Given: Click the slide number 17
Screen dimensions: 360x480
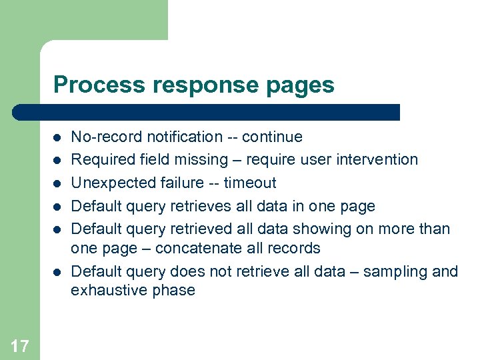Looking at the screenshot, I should coord(20,345).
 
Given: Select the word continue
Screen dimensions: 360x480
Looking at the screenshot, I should coord(272,137).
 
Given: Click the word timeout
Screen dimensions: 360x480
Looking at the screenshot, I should coord(250,183).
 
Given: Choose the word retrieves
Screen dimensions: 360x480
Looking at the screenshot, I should coord(205,206).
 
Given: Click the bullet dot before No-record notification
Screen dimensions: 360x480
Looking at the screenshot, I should coord(58,137).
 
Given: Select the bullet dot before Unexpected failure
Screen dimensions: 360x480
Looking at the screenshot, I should coord(58,183).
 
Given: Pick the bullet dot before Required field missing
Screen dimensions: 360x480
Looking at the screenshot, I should coord(58,160).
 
